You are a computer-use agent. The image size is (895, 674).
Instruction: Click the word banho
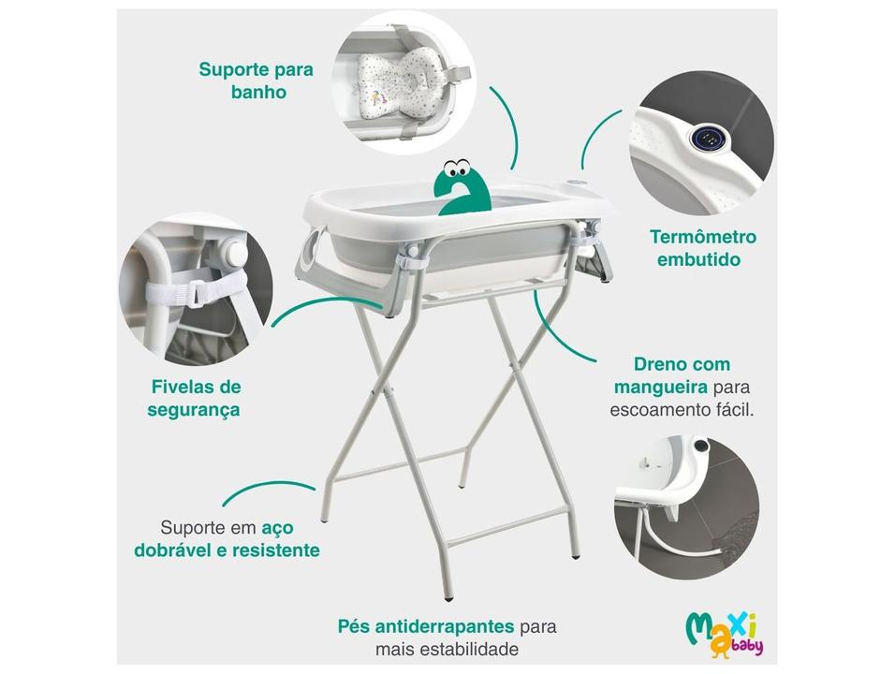[257, 93]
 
